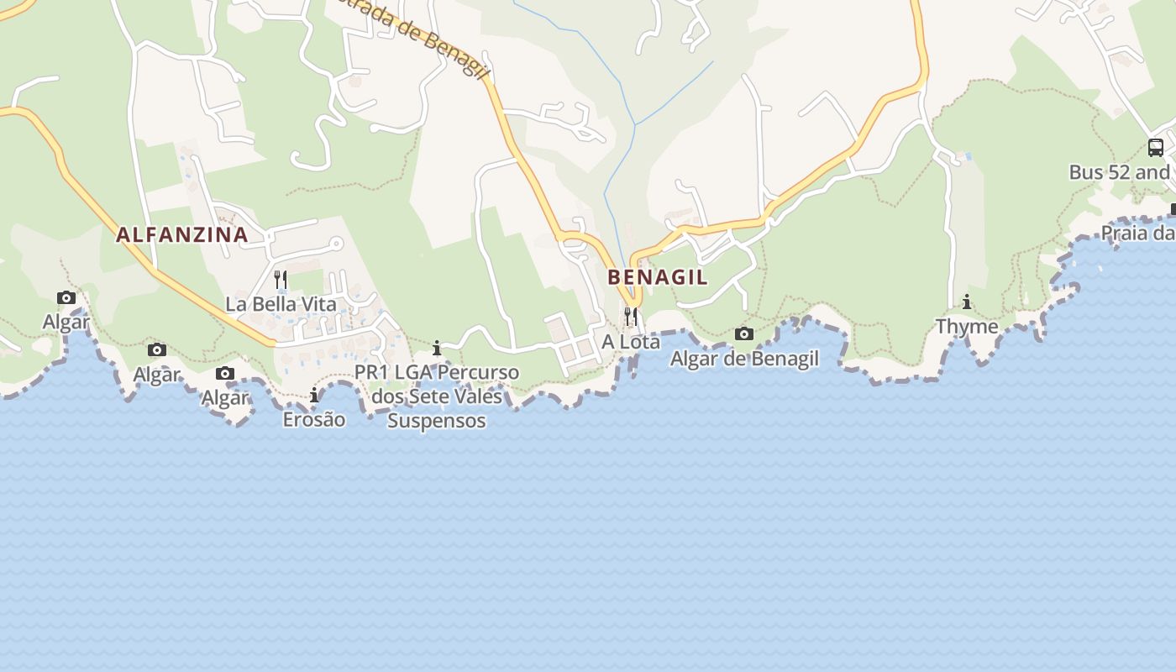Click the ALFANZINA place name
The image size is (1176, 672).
[182, 234]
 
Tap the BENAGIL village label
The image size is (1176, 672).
[658, 277]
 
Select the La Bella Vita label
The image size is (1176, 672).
[281, 303]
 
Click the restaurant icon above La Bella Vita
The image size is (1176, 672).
[281, 279]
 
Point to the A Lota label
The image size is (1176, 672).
[631, 342]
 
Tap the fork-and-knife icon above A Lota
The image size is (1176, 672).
[631, 316]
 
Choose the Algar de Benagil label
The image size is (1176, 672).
[744, 359]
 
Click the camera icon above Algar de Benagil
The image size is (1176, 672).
[744, 334]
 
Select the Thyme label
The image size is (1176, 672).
[967, 326]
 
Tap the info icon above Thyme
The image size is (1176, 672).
[967, 302]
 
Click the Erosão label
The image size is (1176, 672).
[314, 418]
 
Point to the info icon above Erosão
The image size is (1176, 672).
[314, 395]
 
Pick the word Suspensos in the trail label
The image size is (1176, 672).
[437, 420]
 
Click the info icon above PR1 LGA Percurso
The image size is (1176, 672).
[437, 347]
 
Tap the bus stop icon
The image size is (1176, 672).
[1156, 148]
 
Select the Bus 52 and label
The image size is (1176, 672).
[1121, 172]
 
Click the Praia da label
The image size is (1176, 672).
[1137, 232]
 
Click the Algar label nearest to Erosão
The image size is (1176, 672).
[225, 397]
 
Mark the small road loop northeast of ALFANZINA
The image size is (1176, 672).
[335, 244]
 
